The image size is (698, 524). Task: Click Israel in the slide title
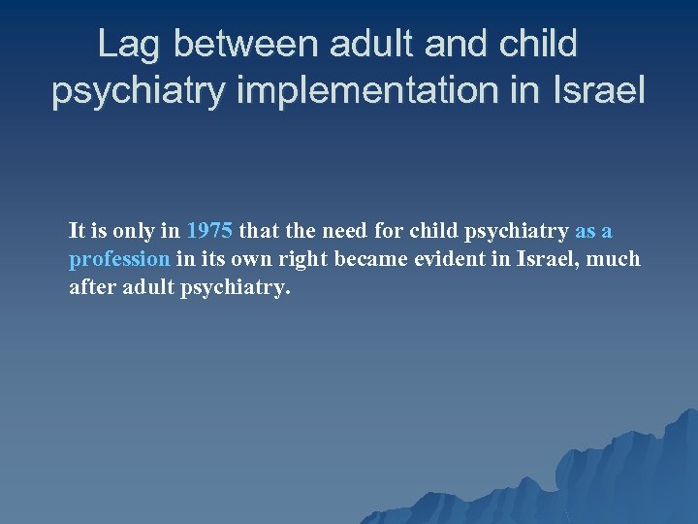[x=598, y=91]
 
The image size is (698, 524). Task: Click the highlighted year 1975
[x=209, y=232]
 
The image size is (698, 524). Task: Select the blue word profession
[x=119, y=260]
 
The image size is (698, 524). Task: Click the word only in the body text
[x=139, y=232]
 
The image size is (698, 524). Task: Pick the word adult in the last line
[x=150, y=288]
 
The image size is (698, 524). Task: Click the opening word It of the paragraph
[x=78, y=232]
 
